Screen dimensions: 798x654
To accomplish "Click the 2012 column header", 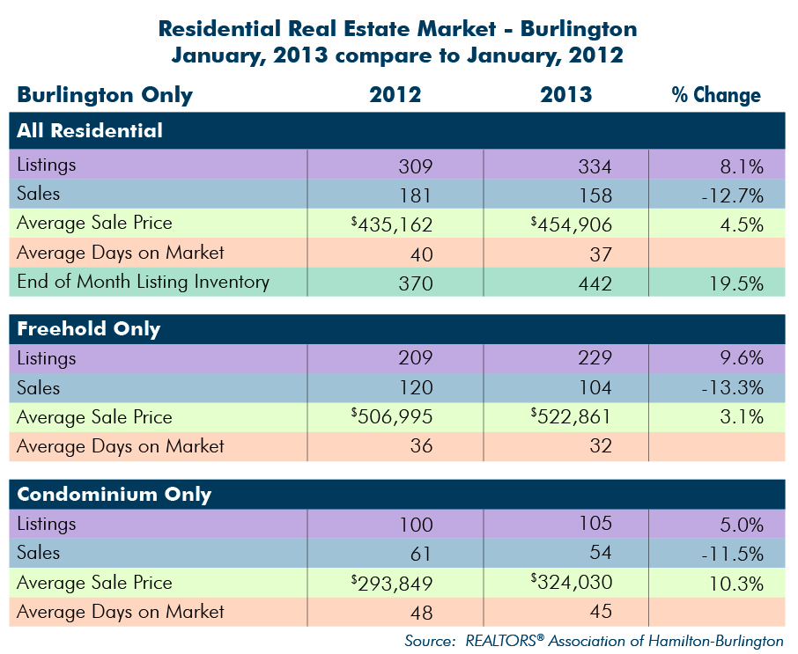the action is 395,94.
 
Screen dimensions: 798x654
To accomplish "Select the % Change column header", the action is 716,94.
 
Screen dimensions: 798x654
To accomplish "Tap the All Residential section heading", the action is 90,130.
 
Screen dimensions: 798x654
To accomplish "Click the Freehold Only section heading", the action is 89,329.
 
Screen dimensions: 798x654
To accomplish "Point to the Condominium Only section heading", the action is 114,495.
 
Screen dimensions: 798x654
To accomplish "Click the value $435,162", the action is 392,224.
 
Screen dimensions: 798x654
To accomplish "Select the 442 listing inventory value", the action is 595,283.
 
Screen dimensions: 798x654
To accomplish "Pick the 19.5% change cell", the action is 736,283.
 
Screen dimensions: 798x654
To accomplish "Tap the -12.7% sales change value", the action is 732,195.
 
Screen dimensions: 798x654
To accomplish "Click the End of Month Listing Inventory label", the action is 143,282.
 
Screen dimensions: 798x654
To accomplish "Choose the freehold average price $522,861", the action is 571,416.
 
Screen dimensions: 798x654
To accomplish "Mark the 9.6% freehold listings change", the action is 742,358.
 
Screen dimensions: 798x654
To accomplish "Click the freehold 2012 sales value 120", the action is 416,387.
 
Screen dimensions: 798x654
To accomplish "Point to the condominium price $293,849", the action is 392,584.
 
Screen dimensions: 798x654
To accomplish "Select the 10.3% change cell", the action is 736,584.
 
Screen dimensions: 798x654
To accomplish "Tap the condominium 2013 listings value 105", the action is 595,524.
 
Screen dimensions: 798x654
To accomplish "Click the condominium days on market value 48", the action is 421,613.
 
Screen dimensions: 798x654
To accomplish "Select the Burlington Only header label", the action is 105,95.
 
